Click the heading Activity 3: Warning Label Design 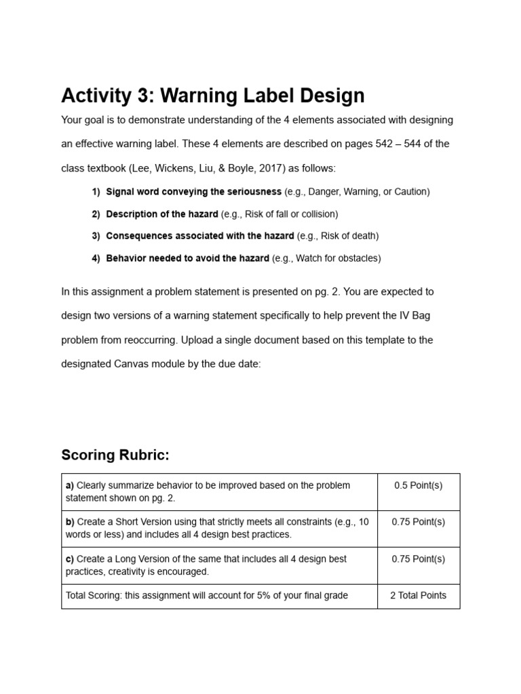(213, 96)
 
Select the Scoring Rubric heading (115, 455)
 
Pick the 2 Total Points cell (418, 596)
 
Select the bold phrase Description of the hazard (162, 214)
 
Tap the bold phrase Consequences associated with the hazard (200, 236)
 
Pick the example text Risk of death (349, 236)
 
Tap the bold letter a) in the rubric (70, 485)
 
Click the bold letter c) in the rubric (70, 559)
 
